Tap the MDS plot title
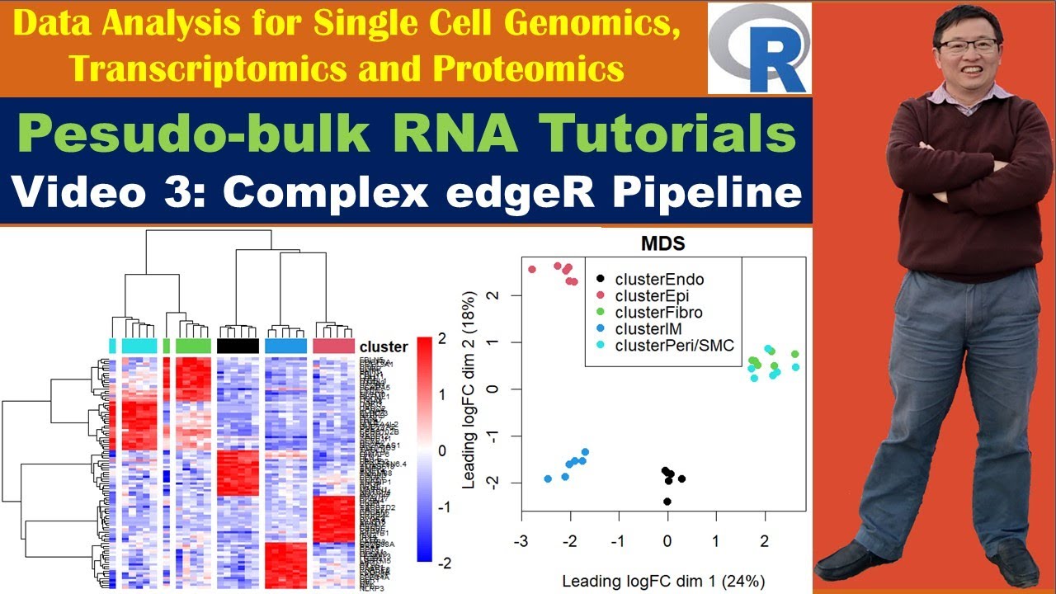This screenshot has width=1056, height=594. [663, 244]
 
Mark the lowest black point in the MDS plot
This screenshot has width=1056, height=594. [667, 502]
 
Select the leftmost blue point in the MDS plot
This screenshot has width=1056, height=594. [548, 478]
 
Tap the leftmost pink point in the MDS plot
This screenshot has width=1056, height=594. [532, 270]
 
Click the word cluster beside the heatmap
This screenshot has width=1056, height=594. [384, 346]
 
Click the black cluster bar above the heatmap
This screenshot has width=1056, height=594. [238, 346]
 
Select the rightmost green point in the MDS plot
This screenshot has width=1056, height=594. [794, 354]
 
